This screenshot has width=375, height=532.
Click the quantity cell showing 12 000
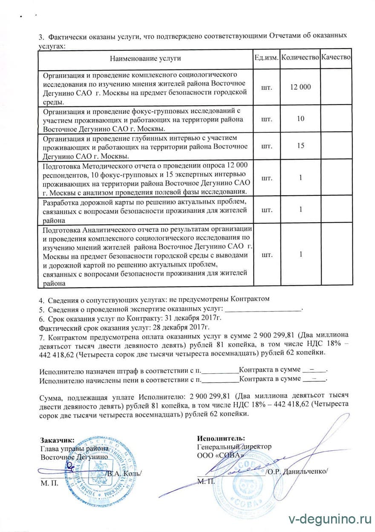(300, 86)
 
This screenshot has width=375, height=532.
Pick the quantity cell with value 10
(300, 119)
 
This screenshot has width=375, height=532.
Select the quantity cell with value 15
(300, 146)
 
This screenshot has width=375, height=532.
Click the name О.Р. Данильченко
(297, 471)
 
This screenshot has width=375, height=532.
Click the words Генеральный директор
(234, 446)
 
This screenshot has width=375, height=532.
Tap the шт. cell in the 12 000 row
(266, 86)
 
